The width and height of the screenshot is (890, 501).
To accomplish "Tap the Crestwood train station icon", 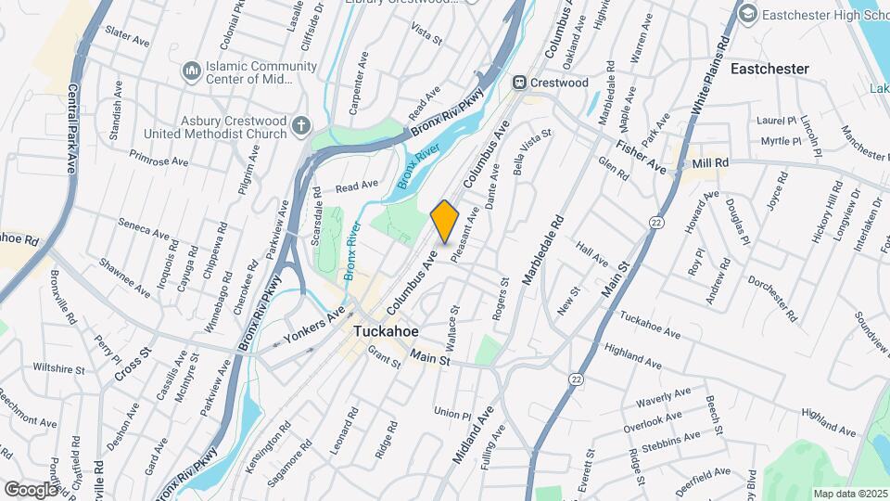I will click(x=522, y=83).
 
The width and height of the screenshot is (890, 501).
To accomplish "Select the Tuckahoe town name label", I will click(x=385, y=331).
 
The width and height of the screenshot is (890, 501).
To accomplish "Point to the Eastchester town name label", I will click(x=769, y=69).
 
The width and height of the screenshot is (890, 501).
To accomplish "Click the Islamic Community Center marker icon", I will click(x=191, y=71).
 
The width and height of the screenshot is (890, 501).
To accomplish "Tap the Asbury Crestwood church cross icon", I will click(x=300, y=125).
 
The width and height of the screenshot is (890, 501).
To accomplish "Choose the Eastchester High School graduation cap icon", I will click(x=745, y=14).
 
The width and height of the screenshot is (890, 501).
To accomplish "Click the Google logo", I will click(x=31, y=489).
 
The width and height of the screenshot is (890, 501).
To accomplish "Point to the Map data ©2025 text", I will click(x=849, y=494).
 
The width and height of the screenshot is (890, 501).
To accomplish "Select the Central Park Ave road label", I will click(x=71, y=130).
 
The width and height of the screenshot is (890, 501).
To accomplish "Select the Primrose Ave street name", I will click(x=159, y=158).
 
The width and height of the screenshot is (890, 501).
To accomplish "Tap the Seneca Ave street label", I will click(x=146, y=232).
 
